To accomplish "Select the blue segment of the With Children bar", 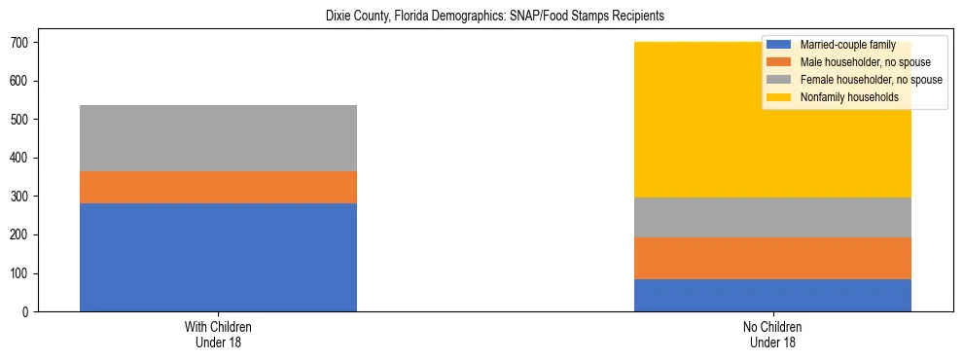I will (218, 257).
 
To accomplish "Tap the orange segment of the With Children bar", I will (218, 187).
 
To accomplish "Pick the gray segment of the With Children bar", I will (218, 138).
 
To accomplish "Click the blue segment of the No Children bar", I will (772, 295).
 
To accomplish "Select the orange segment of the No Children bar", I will (772, 258).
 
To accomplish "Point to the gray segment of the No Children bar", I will (772, 217).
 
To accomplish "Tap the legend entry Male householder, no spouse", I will (851, 62).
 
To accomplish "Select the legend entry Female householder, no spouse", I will (856, 80).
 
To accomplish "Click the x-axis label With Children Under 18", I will (218, 334).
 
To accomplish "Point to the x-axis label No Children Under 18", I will (772, 334).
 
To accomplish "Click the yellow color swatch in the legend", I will (779, 97).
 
